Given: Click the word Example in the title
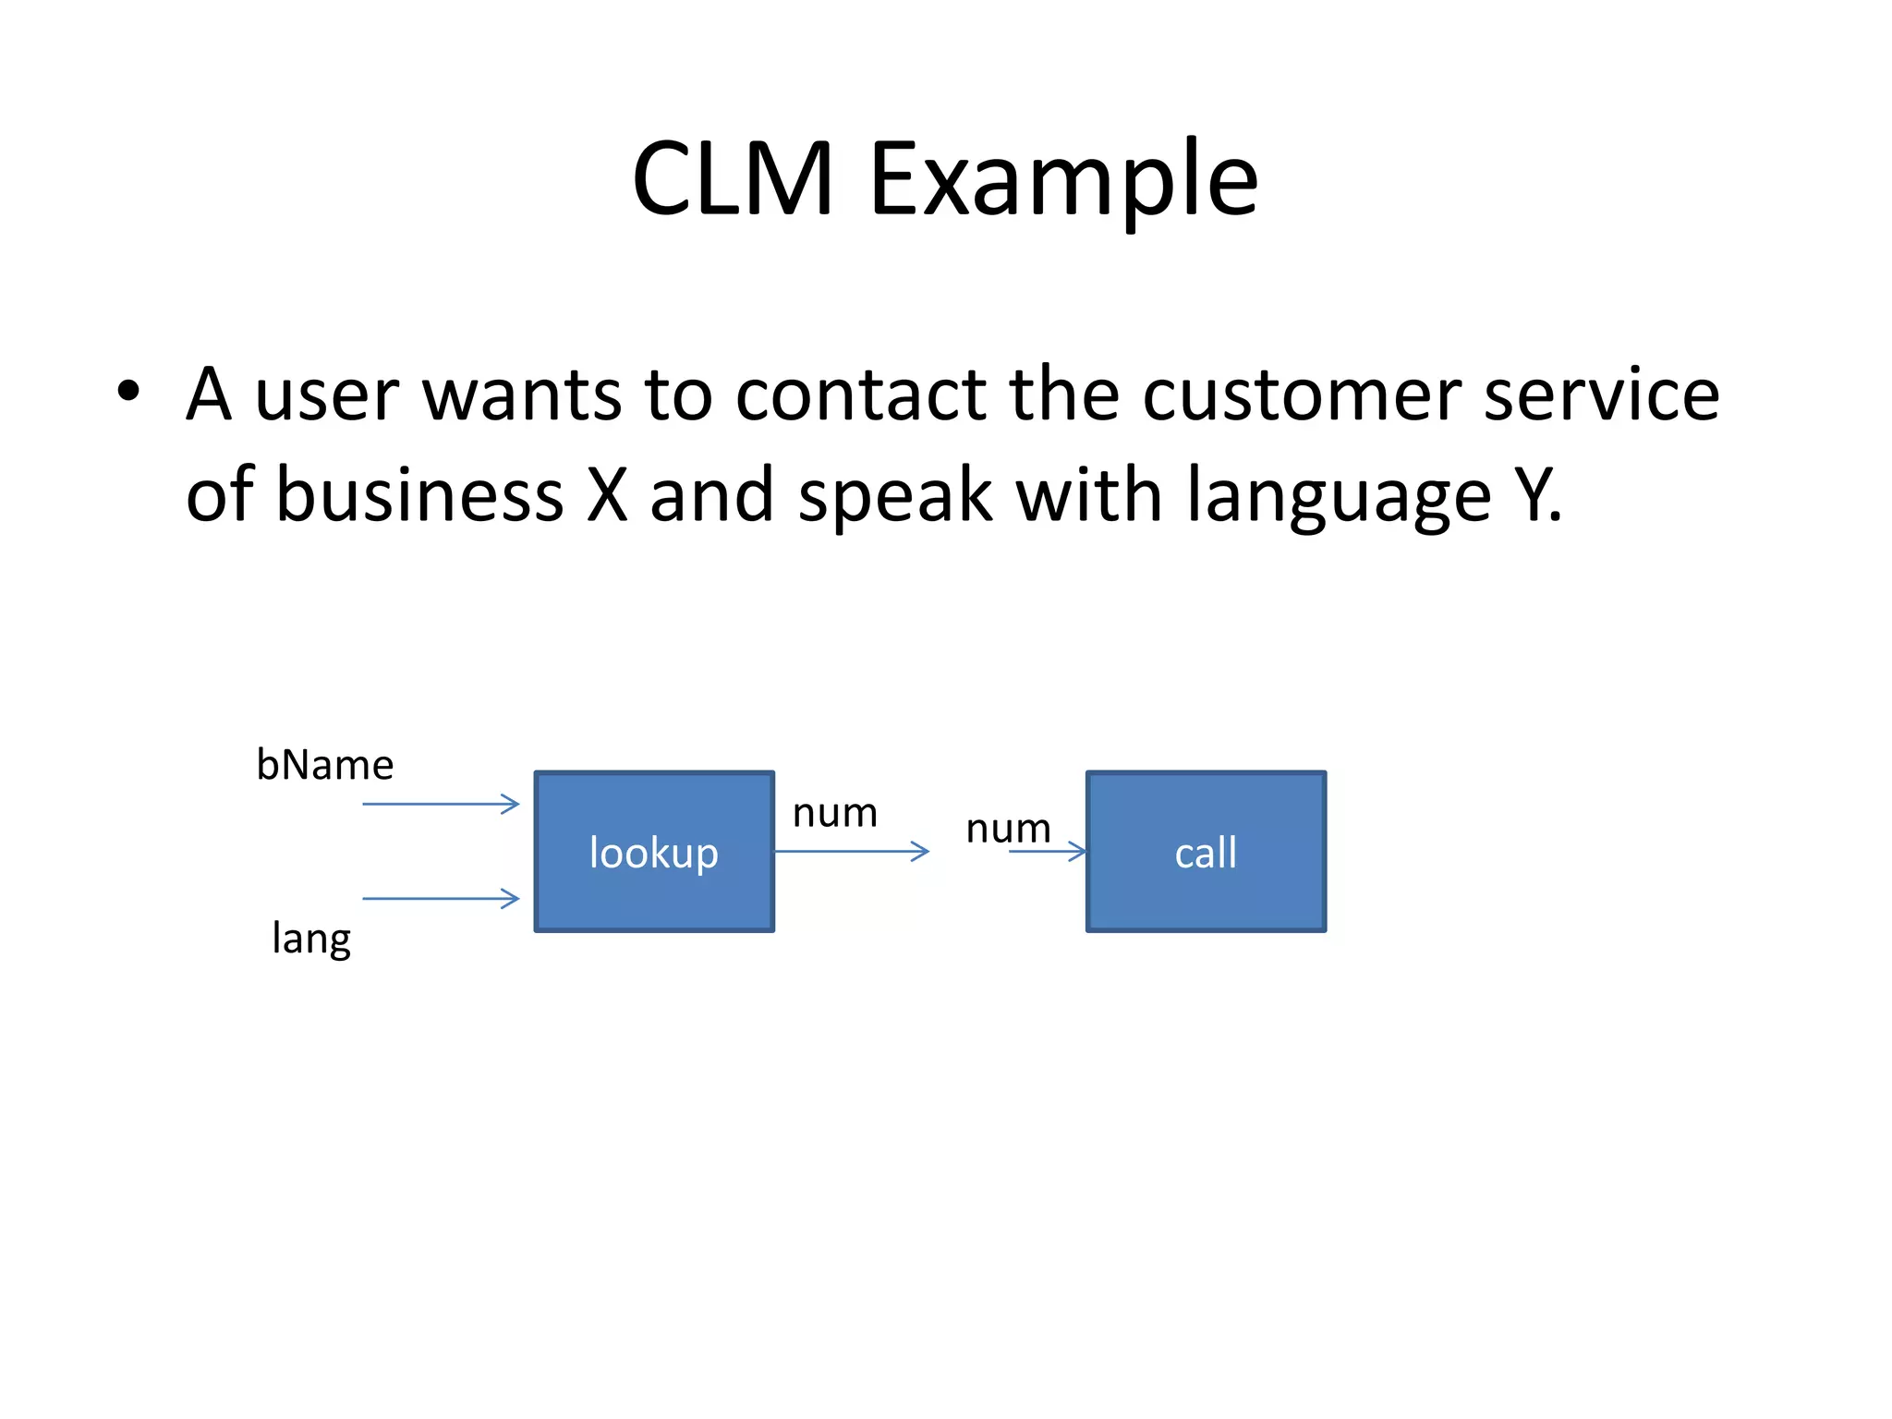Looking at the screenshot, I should tap(1062, 180).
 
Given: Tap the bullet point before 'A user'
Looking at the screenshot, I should tap(128, 392).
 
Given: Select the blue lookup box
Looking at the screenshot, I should tap(654, 851).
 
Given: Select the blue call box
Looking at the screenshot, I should tap(1206, 851).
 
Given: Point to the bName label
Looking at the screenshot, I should tap(324, 765).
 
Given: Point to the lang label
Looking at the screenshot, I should tap(311, 939).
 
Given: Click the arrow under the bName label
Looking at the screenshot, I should tap(441, 804).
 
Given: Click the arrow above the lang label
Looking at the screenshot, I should tap(441, 898).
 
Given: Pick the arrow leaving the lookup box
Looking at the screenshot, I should tap(851, 851).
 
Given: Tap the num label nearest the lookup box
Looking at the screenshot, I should tap(834, 813).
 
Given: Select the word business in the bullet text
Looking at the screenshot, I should tap(420, 494).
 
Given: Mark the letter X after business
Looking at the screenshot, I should tap(607, 494).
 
